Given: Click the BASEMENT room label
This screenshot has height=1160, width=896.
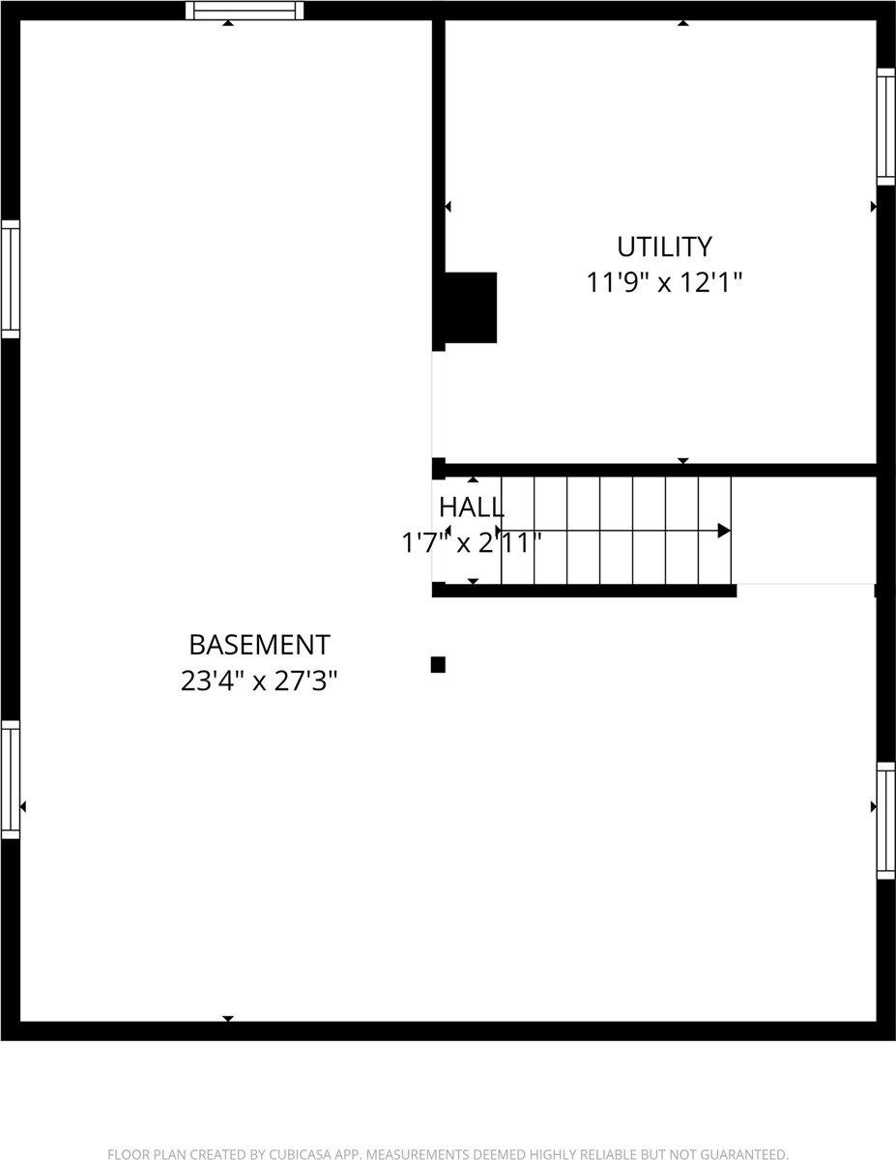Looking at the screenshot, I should [259, 645].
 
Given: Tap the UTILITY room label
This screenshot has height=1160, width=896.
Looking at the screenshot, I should [664, 246].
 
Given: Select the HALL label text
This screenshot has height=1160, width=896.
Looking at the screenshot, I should [471, 507].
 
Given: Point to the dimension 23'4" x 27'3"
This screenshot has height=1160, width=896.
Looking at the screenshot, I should [259, 681].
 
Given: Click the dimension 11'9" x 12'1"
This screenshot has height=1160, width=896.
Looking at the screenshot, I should [664, 283].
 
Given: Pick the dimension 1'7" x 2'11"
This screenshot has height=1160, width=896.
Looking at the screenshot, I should [471, 543].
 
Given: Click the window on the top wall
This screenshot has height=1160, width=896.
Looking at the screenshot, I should [245, 11].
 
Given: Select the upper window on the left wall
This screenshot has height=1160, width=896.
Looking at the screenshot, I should [11, 279].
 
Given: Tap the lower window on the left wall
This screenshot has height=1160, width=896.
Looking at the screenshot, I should [11, 779].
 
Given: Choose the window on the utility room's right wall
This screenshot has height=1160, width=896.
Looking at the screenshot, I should [885, 127].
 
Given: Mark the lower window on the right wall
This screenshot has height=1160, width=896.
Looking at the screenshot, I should [885, 821].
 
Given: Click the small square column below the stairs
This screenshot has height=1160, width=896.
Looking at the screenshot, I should [438, 665].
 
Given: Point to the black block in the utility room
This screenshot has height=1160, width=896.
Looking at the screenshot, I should [471, 307].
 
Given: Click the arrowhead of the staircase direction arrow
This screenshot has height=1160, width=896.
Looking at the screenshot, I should [724, 531].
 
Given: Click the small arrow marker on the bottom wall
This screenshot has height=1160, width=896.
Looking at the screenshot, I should [228, 1019].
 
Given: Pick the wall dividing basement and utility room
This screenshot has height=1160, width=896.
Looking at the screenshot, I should [438, 145].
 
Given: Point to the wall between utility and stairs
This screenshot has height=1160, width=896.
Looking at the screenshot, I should [657, 471].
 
